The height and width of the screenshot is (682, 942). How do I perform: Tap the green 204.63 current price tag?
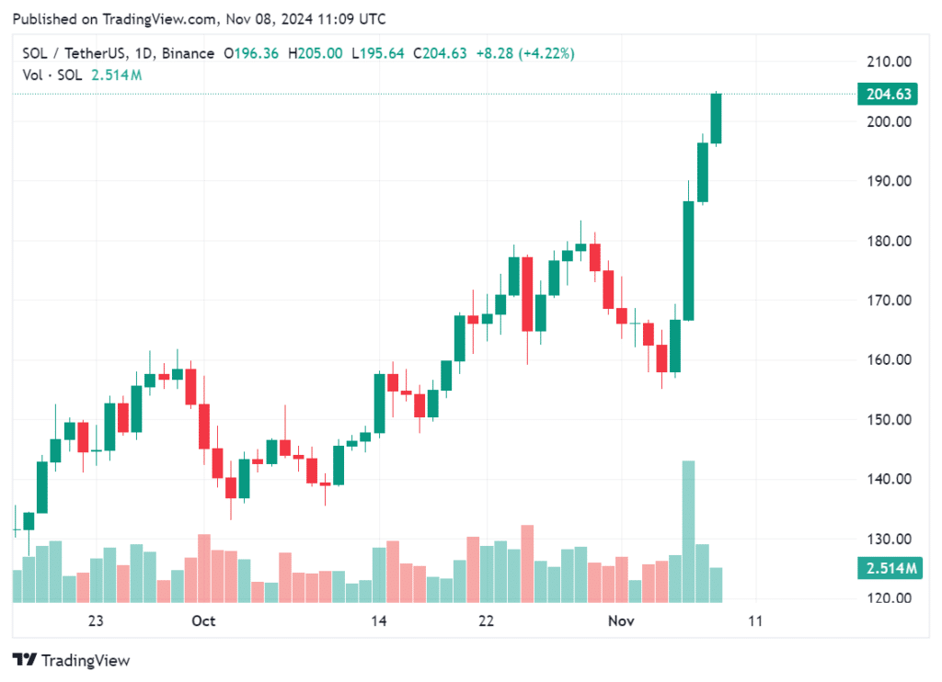tap(889, 94)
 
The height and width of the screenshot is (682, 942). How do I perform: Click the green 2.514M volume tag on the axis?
tap(889, 569)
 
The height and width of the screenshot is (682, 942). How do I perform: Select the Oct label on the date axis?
tap(203, 621)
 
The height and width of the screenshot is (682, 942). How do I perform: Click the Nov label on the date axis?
tap(622, 621)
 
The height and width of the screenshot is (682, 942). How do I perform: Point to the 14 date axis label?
tap(378, 621)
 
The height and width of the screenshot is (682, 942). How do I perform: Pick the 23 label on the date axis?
tap(96, 621)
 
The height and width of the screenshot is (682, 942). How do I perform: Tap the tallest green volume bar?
tap(688, 531)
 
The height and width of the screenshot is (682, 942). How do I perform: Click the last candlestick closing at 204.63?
tap(716, 118)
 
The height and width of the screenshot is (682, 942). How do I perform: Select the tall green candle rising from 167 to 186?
tap(688, 260)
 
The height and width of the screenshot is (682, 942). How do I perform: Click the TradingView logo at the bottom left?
tap(71, 660)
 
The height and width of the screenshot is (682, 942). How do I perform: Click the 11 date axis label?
tap(755, 621)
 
